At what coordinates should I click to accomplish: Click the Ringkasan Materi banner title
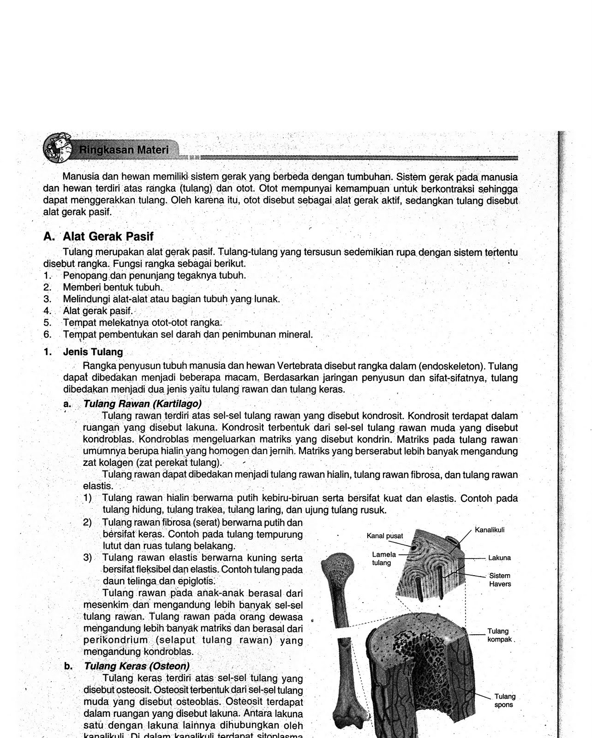[124, 150]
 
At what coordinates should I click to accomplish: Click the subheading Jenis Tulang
[93, 352]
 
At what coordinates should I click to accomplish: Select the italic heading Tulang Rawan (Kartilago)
[142, 404]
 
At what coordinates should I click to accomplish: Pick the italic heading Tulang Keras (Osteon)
[136, 667]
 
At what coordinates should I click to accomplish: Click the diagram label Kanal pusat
[384, 536]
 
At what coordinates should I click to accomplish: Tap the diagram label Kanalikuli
[490, 530]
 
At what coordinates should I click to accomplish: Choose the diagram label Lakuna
[499, 558]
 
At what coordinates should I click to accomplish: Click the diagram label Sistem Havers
[500, 580]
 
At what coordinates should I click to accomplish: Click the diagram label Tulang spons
[504, 701]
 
